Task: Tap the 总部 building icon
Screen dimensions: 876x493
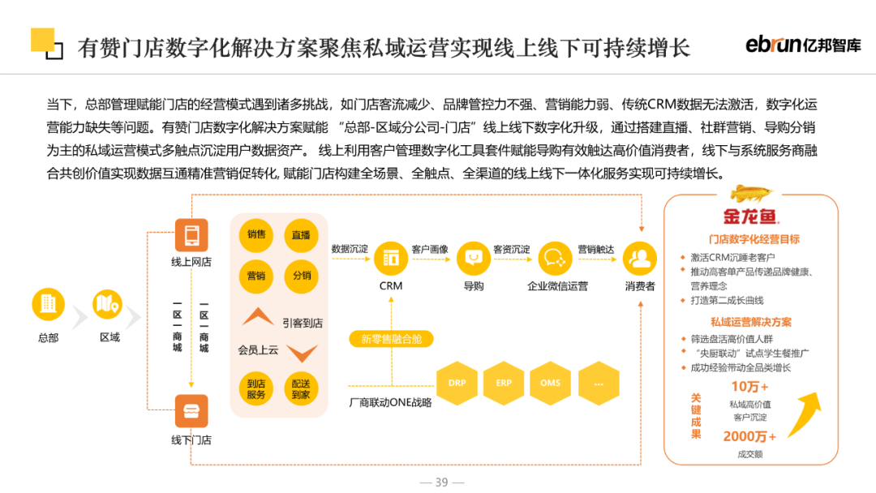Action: pos(48,304)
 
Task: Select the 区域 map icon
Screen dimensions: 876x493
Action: pos(108,304)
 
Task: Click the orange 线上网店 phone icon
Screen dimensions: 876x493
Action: pos(191,235)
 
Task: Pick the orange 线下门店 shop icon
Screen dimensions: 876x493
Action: pos(191,411)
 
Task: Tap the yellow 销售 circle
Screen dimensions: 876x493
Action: pos(256,235)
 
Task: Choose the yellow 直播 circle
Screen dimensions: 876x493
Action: pos(301,235)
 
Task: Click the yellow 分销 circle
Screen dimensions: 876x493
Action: pos(301,276)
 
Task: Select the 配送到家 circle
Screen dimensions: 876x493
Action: pos(301,388)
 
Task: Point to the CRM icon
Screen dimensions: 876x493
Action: pos(391,258)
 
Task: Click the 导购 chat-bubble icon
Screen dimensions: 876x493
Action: pos(473,258)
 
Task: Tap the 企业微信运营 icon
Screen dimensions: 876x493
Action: pos(556,258)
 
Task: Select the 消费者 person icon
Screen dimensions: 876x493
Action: pos(640,258)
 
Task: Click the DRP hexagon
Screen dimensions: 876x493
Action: pos(457,382)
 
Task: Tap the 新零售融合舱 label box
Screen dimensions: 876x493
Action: pos(392,339)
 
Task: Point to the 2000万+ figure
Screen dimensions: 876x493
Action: pos(749,436)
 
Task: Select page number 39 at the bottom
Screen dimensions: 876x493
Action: pos(441,482)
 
